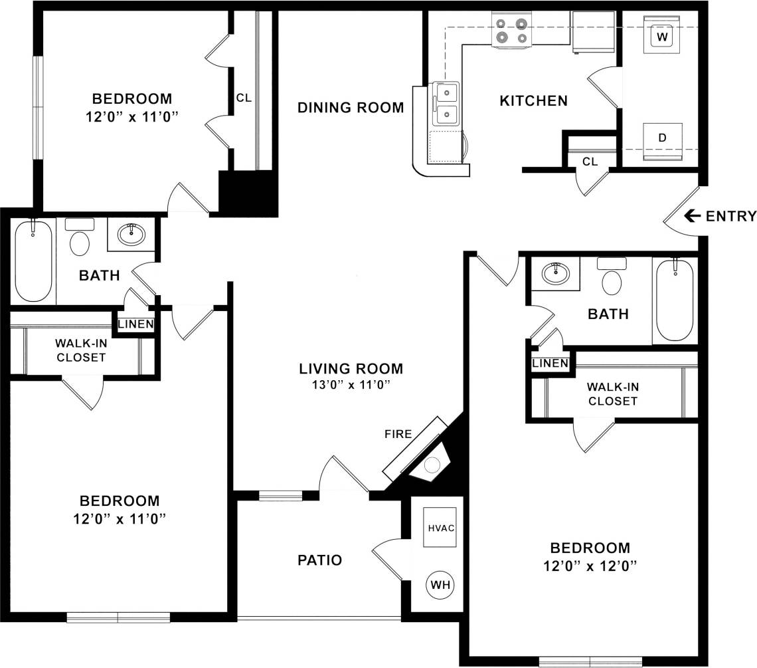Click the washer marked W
(x=662, y=37)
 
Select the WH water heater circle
(x=440, y=585)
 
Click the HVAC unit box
(x=440, y=528)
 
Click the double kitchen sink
(x=446, y=104)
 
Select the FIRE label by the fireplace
(x=398, y=434)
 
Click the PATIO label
(x=320, y=560)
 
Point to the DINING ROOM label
(x=351, y=107)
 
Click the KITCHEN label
(x=533, y=101)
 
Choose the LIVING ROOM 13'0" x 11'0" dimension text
(x=351, y=384)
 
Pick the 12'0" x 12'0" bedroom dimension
(x=590, y=566)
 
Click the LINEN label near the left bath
(x=136, y=324)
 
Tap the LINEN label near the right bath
(x=550, y=363)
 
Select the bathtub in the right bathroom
(x=675, y=299)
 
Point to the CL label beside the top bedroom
(x=244, y=98)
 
